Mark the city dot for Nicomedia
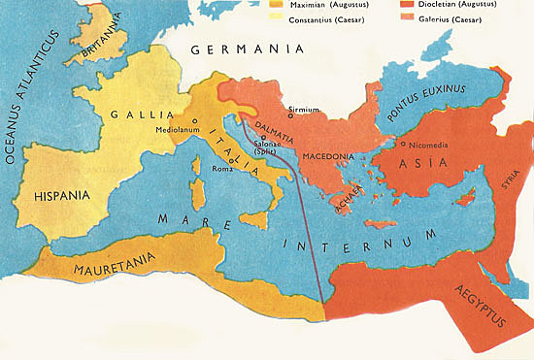(401, 146)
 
